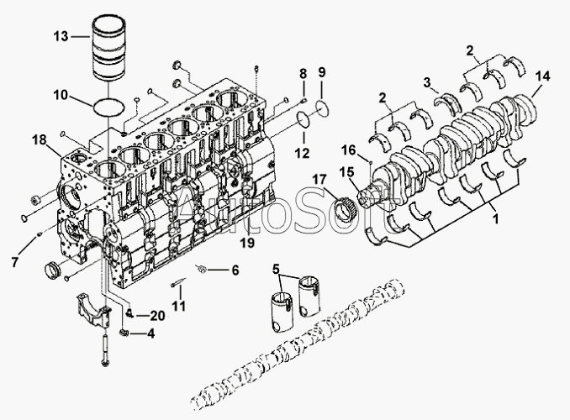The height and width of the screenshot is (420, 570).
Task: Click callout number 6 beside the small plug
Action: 235,270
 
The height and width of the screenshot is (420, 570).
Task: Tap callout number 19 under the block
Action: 245,243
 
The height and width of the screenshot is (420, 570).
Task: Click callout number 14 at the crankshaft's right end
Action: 544,76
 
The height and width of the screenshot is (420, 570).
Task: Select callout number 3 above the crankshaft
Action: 427,82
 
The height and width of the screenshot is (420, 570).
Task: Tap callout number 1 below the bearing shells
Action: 495,217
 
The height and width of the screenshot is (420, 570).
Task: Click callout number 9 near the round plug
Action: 321,73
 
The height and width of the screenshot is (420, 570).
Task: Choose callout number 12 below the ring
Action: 302,154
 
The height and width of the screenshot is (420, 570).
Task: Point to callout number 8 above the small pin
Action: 302,76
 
